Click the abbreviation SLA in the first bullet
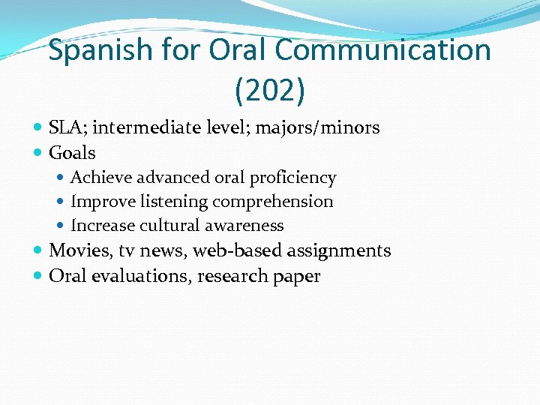click(x=67, y=127)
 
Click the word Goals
click(x=72, y=153)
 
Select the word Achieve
click(x=100, y=178)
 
